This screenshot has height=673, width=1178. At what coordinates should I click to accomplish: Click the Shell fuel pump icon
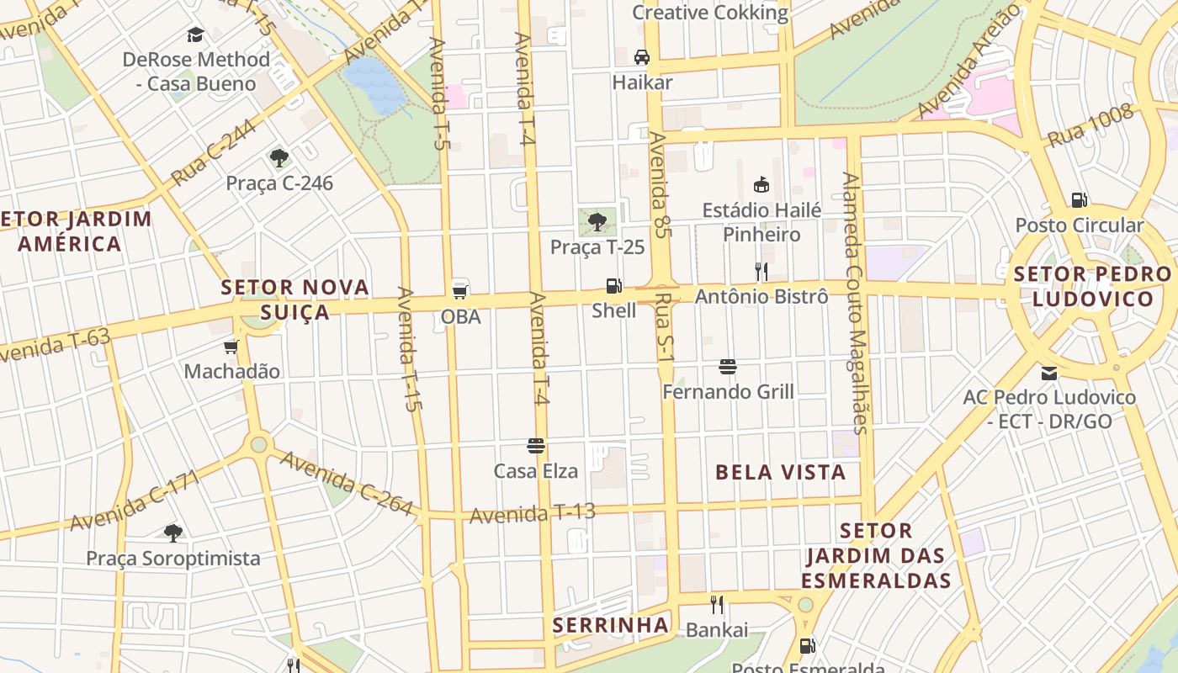614,286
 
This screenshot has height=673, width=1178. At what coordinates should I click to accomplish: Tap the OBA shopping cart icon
460,291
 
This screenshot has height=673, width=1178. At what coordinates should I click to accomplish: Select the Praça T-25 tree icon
597,222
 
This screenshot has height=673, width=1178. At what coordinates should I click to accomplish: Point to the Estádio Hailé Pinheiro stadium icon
761,184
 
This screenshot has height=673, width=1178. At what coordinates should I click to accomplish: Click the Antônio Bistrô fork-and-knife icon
761,271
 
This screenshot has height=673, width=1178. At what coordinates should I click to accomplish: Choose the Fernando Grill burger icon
728,367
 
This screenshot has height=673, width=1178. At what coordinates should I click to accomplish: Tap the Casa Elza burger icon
536,446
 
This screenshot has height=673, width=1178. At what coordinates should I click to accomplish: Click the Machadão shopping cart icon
231,347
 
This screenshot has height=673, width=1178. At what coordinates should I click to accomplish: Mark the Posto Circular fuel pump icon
1079,200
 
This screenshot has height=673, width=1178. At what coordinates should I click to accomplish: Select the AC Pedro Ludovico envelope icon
1049,373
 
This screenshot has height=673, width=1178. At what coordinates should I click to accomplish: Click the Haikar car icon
642,57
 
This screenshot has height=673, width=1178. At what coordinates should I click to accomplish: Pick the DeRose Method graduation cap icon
196,34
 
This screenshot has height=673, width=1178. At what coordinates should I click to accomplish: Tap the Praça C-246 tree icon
279,157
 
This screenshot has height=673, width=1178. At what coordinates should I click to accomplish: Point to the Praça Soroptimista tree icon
173,533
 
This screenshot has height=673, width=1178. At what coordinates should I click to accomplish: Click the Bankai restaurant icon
717,604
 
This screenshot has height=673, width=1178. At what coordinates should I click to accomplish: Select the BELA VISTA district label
780,472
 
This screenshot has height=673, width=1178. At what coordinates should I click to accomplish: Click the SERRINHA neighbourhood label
611,625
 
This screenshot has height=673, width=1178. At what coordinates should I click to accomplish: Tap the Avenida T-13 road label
532,512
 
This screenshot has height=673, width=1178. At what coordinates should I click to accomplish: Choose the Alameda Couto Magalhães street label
855,303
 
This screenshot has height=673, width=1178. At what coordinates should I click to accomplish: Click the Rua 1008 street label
1090,126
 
